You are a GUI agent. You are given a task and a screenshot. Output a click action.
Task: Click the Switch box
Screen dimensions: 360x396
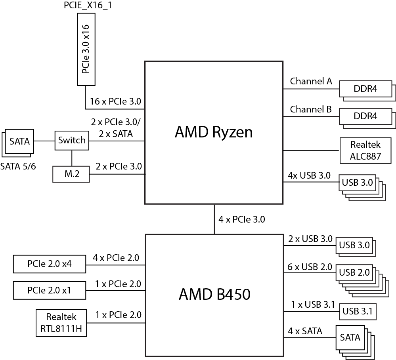pos(72,140)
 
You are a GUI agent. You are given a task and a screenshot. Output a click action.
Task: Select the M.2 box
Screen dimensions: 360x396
pos(71,173)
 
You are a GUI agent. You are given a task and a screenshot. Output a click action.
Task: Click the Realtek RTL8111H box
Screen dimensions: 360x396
pos(61,323)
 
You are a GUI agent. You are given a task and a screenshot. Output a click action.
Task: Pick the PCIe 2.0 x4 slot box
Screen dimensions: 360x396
pos(49,264)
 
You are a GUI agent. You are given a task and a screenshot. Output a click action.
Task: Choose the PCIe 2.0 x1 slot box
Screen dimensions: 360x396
pos(49,290)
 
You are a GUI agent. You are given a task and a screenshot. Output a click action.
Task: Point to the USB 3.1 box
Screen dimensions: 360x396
pos(358,311)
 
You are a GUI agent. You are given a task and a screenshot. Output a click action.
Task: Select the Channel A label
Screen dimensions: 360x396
pos(311,82)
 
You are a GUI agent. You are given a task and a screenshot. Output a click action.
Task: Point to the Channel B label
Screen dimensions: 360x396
pos(311,109)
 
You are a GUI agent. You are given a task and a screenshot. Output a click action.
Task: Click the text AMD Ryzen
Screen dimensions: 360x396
pos(214,132)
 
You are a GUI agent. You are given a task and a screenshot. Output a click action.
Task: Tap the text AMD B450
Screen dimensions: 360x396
pos(214,294)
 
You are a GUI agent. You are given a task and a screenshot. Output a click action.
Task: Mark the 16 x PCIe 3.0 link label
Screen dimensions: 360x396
pos(115,101)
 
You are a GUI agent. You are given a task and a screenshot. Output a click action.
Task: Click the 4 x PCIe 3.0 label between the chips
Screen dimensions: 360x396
pos(242,219)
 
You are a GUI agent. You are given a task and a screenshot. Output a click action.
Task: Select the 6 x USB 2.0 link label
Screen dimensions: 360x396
pos(310,267)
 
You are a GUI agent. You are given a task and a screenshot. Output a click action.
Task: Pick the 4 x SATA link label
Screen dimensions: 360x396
pos(305,331)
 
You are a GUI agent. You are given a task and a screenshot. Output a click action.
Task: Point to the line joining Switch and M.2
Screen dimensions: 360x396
pos(72,158)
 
